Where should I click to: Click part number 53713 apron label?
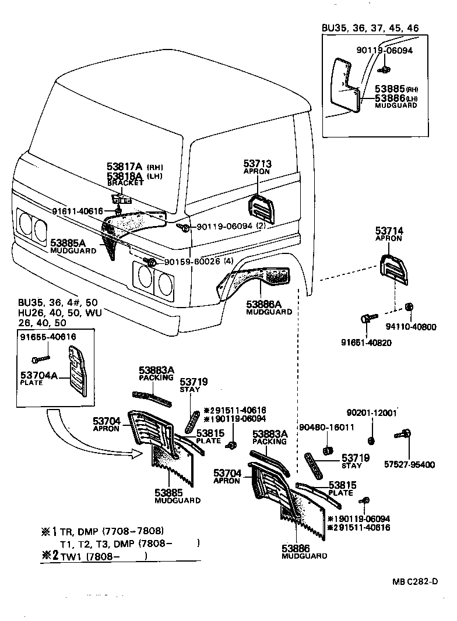(257, 164)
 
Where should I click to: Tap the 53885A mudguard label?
(69, 242)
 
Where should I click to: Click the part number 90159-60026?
(192, 262)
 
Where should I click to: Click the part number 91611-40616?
(77, 211)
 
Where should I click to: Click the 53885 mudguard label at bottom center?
(169, 492)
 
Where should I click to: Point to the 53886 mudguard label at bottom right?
(296, 548)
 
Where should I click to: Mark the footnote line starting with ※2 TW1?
(93, 556)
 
